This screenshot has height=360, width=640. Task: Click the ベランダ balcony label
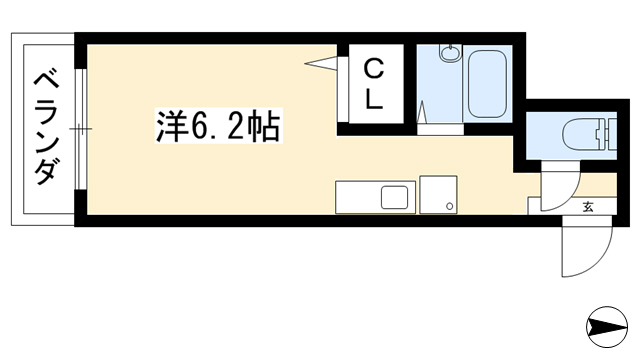pyautogui.click(x=46, y=129)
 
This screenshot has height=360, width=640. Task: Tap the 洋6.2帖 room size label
pyautogui.click(x=218, y=126)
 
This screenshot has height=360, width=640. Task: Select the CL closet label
pyautogui.click(x=373, y=84)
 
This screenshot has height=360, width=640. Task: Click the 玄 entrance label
pyautogui.click(x=588, y=207)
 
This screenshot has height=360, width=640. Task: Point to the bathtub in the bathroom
pyautogui.click(x=487, y=84)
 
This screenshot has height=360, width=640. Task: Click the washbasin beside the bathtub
pyautogui.click(x=451, y=53)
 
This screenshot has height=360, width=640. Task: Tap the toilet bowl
pyautogui.click(x=581, y=133)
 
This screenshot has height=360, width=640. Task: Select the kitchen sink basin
pyautogui.click(x=394, y=197)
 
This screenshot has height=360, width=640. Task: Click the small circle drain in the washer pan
pyautogui.click(x=450, y=206)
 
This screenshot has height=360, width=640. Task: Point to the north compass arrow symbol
pyautogui.click(x=607, y=327)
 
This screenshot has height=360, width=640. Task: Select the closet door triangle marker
pyautogui.click(x=321, y=63)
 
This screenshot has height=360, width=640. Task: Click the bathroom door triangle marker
pyautogui.click(x=422, y=112)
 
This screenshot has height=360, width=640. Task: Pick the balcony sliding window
pyautogui.click(x=81, y=129)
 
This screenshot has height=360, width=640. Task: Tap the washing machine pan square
pyautogui.click(x=438, y=195)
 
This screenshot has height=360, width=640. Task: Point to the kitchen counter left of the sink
pyautogui.click(x=358, y=197)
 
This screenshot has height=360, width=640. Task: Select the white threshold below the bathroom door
pyautogui.click(x=440, y=129)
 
